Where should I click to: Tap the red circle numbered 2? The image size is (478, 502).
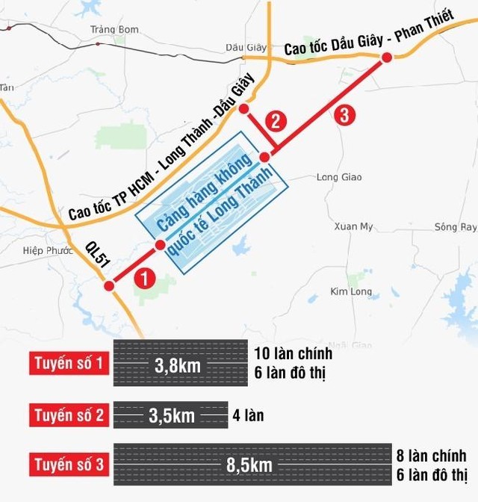(276, 120)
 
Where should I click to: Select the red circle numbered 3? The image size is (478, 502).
(343, 115)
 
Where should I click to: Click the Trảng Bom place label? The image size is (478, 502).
(114, 30)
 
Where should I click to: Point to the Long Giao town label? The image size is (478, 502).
(339, 177)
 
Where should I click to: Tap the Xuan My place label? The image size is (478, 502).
(353, 226)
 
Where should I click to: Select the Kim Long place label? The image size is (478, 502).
(350, 291)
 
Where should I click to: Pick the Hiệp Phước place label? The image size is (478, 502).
(44, 251)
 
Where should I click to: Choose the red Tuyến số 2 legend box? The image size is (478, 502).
(69, 415)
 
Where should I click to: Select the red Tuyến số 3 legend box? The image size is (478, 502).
(69, 465)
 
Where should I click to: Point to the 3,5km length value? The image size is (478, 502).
(172, 416)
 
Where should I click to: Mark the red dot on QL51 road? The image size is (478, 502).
(109, 286)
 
